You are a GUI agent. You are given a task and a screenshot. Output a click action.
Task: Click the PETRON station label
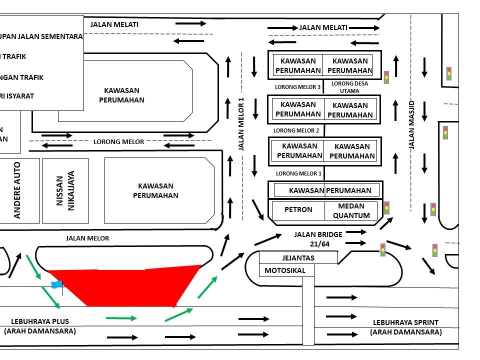point(298,210)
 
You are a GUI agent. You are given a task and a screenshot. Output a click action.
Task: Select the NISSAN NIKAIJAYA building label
point(65,190)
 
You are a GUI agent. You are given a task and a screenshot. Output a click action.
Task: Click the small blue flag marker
point(56,284)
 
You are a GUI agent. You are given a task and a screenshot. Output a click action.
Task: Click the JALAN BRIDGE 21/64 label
point(318,238)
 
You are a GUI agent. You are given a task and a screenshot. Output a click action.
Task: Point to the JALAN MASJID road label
point(412,125)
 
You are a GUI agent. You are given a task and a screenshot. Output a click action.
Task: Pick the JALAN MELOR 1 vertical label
point(241,124)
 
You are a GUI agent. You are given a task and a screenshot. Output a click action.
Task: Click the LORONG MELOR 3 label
point(297,87)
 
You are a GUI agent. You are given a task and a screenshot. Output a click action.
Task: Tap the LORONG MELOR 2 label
point(296,130)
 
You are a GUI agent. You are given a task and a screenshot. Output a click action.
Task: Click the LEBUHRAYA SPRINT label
point(405,327)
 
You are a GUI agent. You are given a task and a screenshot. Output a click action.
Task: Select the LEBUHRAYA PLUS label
point(40,326)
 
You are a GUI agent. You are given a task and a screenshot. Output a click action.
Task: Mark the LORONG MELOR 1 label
point(298,173)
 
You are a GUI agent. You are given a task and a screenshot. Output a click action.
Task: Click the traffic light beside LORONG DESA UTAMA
point(386,77)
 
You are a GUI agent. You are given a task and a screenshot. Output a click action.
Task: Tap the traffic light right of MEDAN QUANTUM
point(386,207)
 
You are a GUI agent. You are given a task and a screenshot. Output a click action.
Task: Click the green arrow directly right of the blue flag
point(120,317)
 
